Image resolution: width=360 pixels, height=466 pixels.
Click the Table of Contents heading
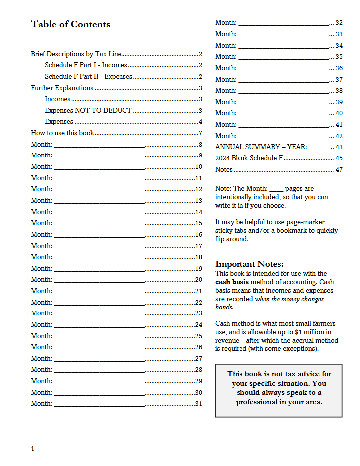click(70, 24)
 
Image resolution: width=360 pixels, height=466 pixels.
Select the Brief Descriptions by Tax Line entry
click(76, 54)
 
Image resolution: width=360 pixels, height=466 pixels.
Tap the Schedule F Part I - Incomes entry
click(86, 65)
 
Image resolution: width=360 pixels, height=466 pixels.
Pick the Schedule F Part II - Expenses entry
click(88, 77)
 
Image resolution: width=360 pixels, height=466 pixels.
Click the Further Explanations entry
click(62, 88)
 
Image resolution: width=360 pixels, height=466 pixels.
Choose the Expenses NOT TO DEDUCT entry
click(88, 111)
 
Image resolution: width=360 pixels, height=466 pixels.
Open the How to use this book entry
click(62, 133)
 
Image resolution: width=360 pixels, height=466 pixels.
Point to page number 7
click(200, 133)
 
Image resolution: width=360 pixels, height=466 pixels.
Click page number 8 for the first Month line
click(200, 145)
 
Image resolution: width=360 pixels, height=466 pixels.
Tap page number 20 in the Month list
click(198, 280)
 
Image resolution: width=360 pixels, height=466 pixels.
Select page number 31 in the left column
click(198, 404)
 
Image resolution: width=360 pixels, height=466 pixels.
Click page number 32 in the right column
click(339, 23)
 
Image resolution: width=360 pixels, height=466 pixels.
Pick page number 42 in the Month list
click(339, 136)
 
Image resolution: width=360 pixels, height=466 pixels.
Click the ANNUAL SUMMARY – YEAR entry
click(261, 147)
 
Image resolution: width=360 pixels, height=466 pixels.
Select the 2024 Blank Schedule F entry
click(248, 158)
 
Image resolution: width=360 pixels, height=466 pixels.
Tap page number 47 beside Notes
click(339, 170)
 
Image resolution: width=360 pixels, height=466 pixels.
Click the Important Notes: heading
click(249, 264)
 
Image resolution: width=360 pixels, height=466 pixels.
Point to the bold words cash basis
click(232, 282)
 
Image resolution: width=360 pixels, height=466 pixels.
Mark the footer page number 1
click(32, 449)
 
